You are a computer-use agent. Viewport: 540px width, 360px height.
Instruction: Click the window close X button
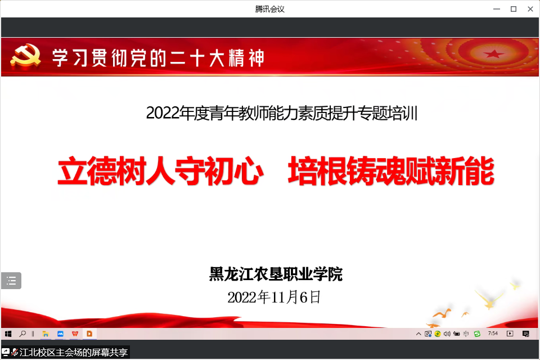(530, 9)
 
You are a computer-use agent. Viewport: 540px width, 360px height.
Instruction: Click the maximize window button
(514, 9)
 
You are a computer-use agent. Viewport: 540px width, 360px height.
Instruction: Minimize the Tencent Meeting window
(497, 9)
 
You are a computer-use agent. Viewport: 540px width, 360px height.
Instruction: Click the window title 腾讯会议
(269, 9)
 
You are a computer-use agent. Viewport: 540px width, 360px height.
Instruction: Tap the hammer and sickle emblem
(25, 56)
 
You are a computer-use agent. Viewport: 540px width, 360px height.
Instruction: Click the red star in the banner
(493, 54)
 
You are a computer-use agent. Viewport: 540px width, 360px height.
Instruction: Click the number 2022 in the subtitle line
(163, 113)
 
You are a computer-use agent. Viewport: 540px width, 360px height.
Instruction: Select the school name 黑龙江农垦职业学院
(276, 274)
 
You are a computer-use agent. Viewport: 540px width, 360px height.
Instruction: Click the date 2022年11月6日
(274, 297)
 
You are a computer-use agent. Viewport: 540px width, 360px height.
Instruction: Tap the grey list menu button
(11, 281)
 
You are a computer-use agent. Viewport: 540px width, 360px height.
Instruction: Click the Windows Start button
(8, 334)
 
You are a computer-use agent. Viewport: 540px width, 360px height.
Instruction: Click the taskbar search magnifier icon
(22, 334)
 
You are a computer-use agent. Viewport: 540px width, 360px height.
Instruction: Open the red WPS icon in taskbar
(75, 334)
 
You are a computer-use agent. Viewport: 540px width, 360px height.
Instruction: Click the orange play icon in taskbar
(89, 334)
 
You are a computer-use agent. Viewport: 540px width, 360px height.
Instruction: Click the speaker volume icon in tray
(447, 334)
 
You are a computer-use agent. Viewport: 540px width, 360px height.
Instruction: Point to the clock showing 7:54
(493, 333)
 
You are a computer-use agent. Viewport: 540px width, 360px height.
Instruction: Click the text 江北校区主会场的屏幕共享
(74, 353)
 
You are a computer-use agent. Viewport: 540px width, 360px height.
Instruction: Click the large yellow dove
(489, 299)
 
